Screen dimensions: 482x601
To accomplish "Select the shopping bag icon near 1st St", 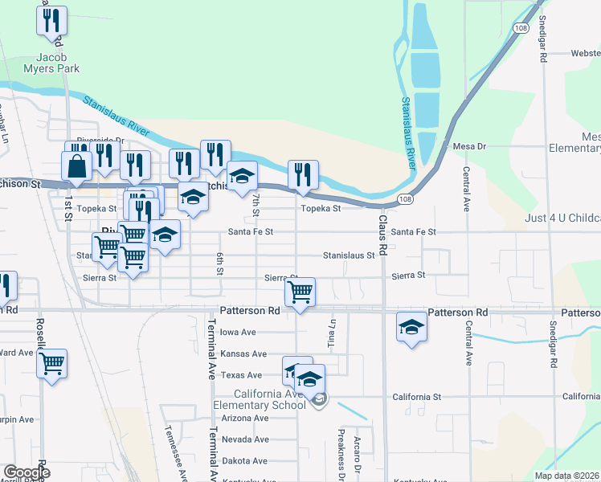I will (x=78, y=165).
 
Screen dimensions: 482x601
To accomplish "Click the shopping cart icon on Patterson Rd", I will (x=300, y=292).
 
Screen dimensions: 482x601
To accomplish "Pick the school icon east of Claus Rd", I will (x=411, y=327).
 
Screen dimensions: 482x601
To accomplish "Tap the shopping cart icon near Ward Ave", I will (x=52, y=362).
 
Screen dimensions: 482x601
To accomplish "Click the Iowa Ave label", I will (x=238, y=332).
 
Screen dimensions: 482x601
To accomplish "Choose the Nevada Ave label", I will (x=244, y=439).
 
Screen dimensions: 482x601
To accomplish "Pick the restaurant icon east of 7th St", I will (x=303, y=174).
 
